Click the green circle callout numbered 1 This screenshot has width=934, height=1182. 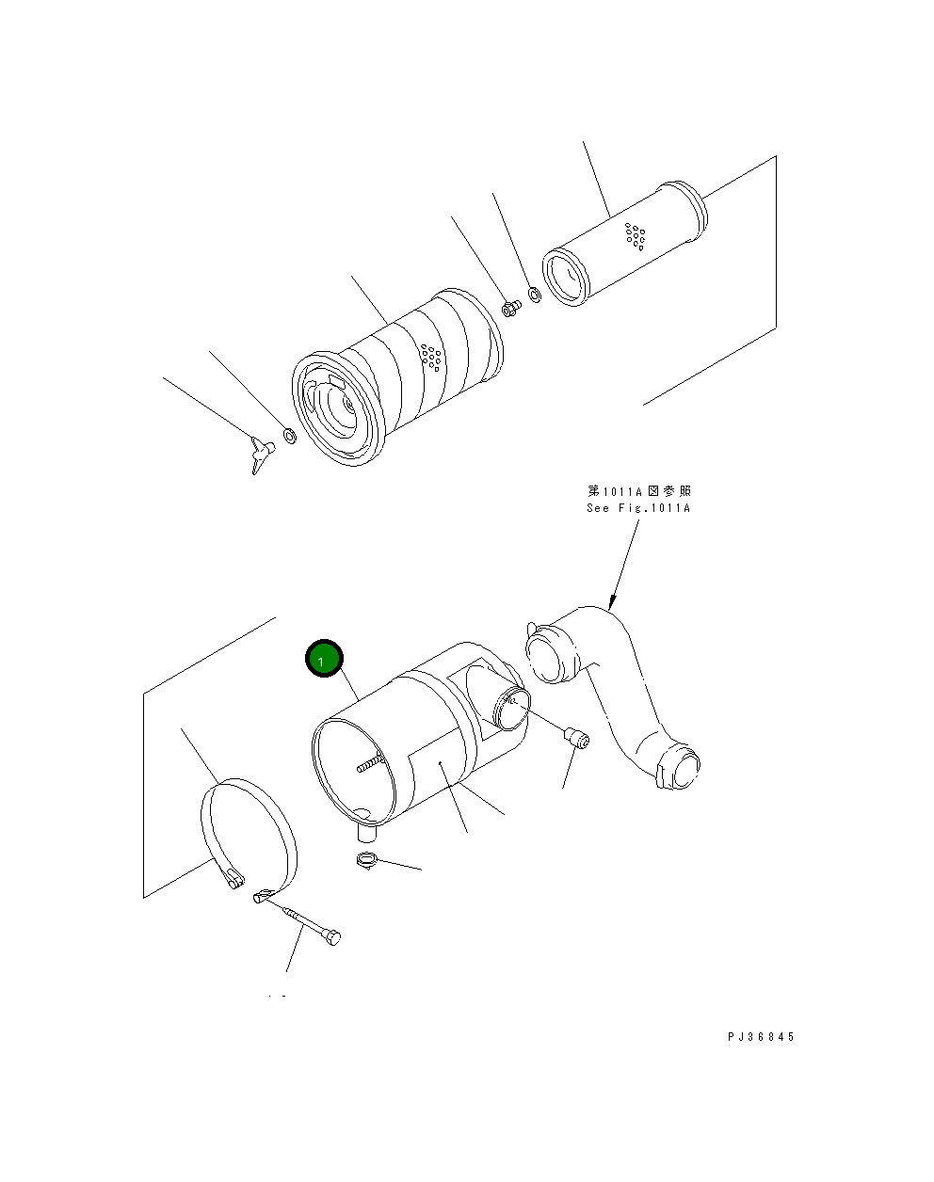[x=324, y=661]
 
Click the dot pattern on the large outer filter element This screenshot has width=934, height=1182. [x=432, y=358]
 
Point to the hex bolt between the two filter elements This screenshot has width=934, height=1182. [x=510, y=308]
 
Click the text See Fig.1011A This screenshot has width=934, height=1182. [x=637, y=508]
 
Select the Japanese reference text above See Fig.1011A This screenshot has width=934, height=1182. [x=639, y=491]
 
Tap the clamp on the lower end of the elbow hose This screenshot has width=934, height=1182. [x=679, y=768]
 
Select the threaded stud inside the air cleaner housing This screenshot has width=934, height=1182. [x=372, y=762]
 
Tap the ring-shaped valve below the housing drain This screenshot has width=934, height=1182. [x=368, y=859]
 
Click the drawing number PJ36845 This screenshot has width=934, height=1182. [x=761, y=1036]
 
